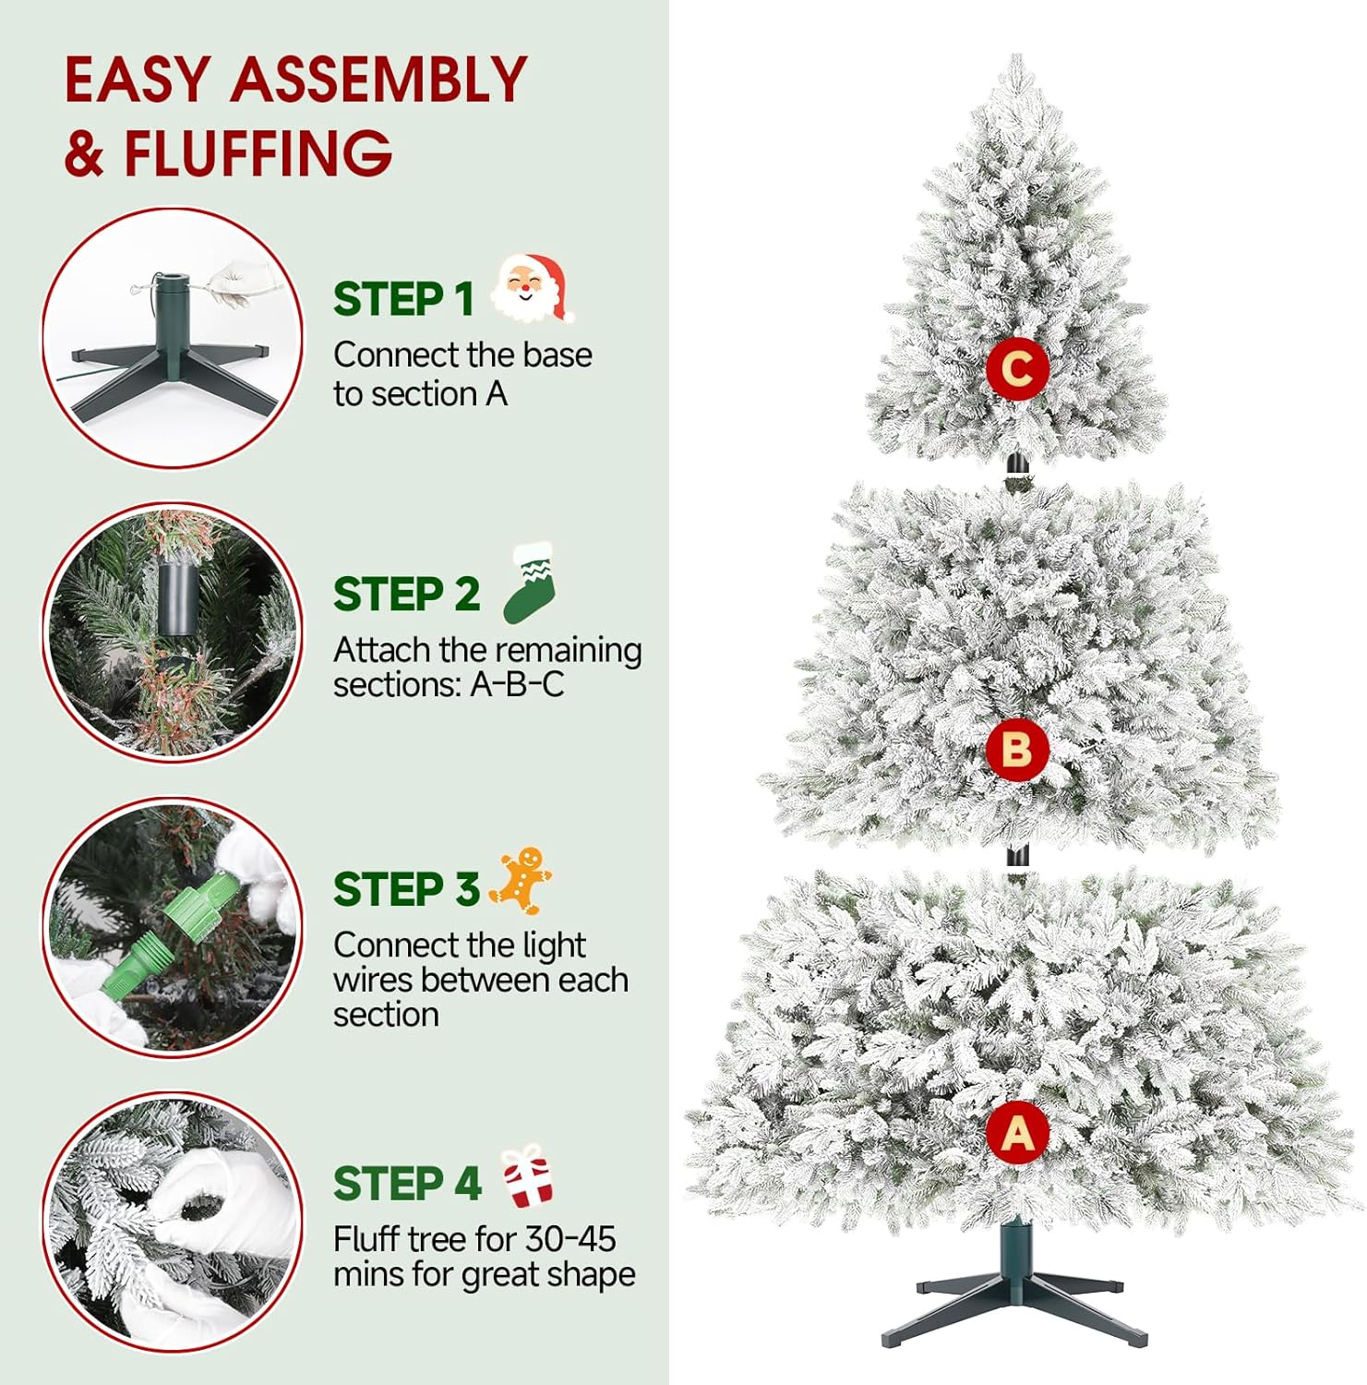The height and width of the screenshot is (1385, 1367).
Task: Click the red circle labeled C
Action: click(1017, 369)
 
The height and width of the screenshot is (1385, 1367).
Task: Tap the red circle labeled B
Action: click(1017, 749)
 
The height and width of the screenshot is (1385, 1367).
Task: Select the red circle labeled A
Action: click(1017, 1133)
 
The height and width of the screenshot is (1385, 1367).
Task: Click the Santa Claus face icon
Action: click(531, 288)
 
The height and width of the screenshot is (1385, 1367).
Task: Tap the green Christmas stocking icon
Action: click(531, 583)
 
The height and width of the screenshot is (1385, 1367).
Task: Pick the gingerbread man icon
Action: click(522, 880)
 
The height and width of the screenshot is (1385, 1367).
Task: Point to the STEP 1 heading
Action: click(403, 299)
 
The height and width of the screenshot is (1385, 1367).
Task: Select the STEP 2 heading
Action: click(406, 594)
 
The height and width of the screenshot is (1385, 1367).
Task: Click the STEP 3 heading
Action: click(406, 889)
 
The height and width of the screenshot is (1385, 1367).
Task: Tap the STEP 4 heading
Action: click(407, 1184)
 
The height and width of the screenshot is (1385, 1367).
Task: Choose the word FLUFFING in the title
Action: click(258, 152)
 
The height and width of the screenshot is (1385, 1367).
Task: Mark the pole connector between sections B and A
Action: click(1016, 858)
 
